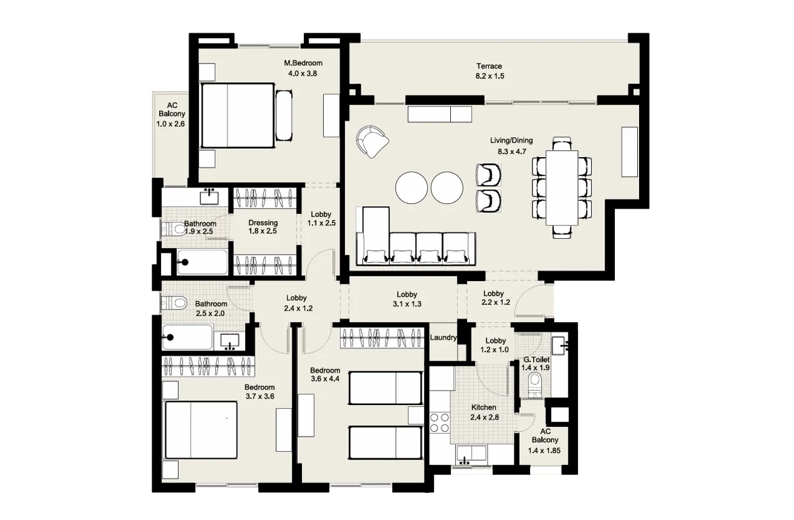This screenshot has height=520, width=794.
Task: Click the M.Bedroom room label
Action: (303, 63)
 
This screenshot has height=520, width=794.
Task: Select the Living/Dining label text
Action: (511, 141)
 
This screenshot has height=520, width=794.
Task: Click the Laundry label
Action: (444, 338)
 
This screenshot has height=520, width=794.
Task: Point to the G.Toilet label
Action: (536, 360)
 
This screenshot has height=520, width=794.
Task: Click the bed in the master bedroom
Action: (237, 115)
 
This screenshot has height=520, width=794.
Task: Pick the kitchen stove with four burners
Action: (439, 421)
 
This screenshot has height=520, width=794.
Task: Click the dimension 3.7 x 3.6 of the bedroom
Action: (260, 396)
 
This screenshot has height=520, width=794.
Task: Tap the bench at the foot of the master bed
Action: (284, 115)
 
